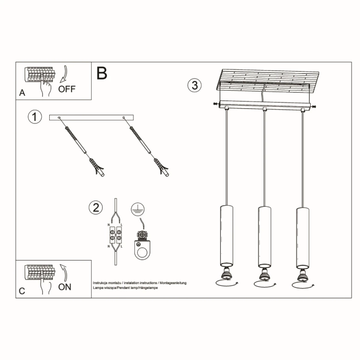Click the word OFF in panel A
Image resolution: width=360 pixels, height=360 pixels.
[x=67, y=89]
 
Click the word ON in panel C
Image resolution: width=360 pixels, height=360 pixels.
[x=65, y=287]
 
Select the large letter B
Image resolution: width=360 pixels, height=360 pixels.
[x=102, y=73]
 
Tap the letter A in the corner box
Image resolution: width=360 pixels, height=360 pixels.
[x=21, y=93]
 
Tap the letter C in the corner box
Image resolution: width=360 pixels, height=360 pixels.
[x=21, y=291]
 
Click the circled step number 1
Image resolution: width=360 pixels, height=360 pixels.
[x=35, y=117]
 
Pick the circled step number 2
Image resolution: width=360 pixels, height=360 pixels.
[x=95, y=208]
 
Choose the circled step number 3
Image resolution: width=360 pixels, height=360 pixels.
[x=195, y=85]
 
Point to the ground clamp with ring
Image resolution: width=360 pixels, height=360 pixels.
[x=142, y=245]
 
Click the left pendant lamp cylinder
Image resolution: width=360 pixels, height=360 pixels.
[x=226, y=236]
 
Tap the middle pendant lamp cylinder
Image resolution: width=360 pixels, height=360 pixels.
[x=264, y=236]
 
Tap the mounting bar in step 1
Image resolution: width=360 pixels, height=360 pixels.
[x=92, y=117]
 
